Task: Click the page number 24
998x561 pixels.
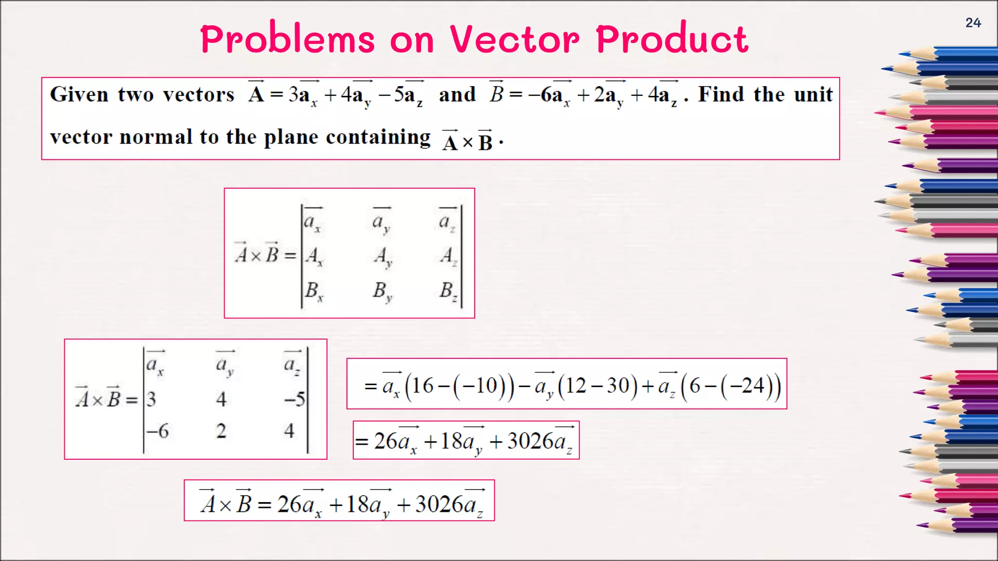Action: tap(973, 23)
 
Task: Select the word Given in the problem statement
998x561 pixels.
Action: tap(79, 94)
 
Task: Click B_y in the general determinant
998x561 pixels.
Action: tap(382, 292)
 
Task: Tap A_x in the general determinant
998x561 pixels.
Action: tap(314, 256)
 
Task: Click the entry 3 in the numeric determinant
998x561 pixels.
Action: tap(151, 399)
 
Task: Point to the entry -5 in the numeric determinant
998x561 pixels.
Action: tap(295, 399)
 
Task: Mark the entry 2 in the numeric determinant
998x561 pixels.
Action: tap(221, 431)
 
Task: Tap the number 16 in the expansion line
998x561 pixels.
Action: tap(422, 386)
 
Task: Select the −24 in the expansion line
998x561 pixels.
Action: tap(747, 386)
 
